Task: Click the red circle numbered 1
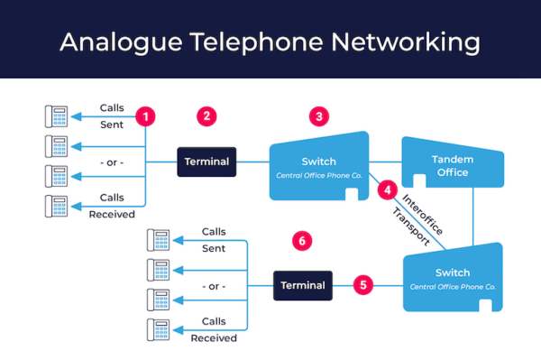click(x=145, y=116)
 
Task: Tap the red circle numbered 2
click(x=207, y=116)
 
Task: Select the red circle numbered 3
click(x=317, y=116)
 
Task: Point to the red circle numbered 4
click(x=387, y=190)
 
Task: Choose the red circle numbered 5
click(x=362, y=285)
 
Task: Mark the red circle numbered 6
click(x=303, y=240)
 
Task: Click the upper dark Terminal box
click(x=206, y=162)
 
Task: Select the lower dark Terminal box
click(x=302, y=285)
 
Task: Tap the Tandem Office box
click(x=451, y=165)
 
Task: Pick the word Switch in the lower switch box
click(x=453, y=272)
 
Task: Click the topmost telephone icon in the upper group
click(x=56, y=116)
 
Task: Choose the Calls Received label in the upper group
click(x=112, y=206)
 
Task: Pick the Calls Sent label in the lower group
click(x=214, y=239)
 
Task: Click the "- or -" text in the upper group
click(x=112, y=163)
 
